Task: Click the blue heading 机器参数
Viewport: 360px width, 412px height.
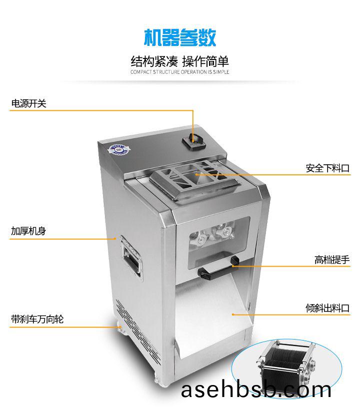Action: [x=180, y=37]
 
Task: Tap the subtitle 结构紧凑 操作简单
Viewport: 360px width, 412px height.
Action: [x=179, y=61]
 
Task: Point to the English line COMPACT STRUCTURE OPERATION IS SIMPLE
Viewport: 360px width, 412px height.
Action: [x=179, y=72]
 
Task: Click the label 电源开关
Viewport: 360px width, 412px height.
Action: [x=28, y=103]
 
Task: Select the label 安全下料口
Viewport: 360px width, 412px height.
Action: [x=327, y=168]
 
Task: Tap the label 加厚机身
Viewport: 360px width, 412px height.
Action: [x=28, y=231]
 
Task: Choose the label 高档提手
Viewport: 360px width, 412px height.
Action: [x=332, y=260]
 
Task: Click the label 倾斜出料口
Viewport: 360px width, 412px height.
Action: [x=327, y=308]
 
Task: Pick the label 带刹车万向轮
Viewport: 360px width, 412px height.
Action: [x=37, y=319]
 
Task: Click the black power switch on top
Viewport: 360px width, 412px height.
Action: [x=193, y=142]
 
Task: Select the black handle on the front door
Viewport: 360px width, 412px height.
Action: [x=217, y=268]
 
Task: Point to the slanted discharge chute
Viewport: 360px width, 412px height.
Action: [x=213, y=315]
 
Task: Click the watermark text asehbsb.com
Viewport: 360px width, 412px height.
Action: [x=256, y=391]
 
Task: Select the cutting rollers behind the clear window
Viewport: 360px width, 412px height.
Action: [x=213, y=234]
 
